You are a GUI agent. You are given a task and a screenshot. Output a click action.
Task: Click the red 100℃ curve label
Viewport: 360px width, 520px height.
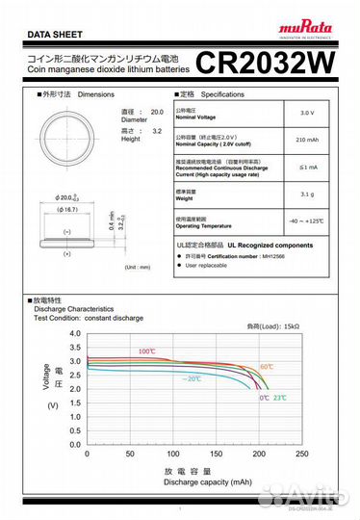145,351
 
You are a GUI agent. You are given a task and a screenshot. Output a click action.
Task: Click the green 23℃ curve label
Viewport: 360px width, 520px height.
279,398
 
